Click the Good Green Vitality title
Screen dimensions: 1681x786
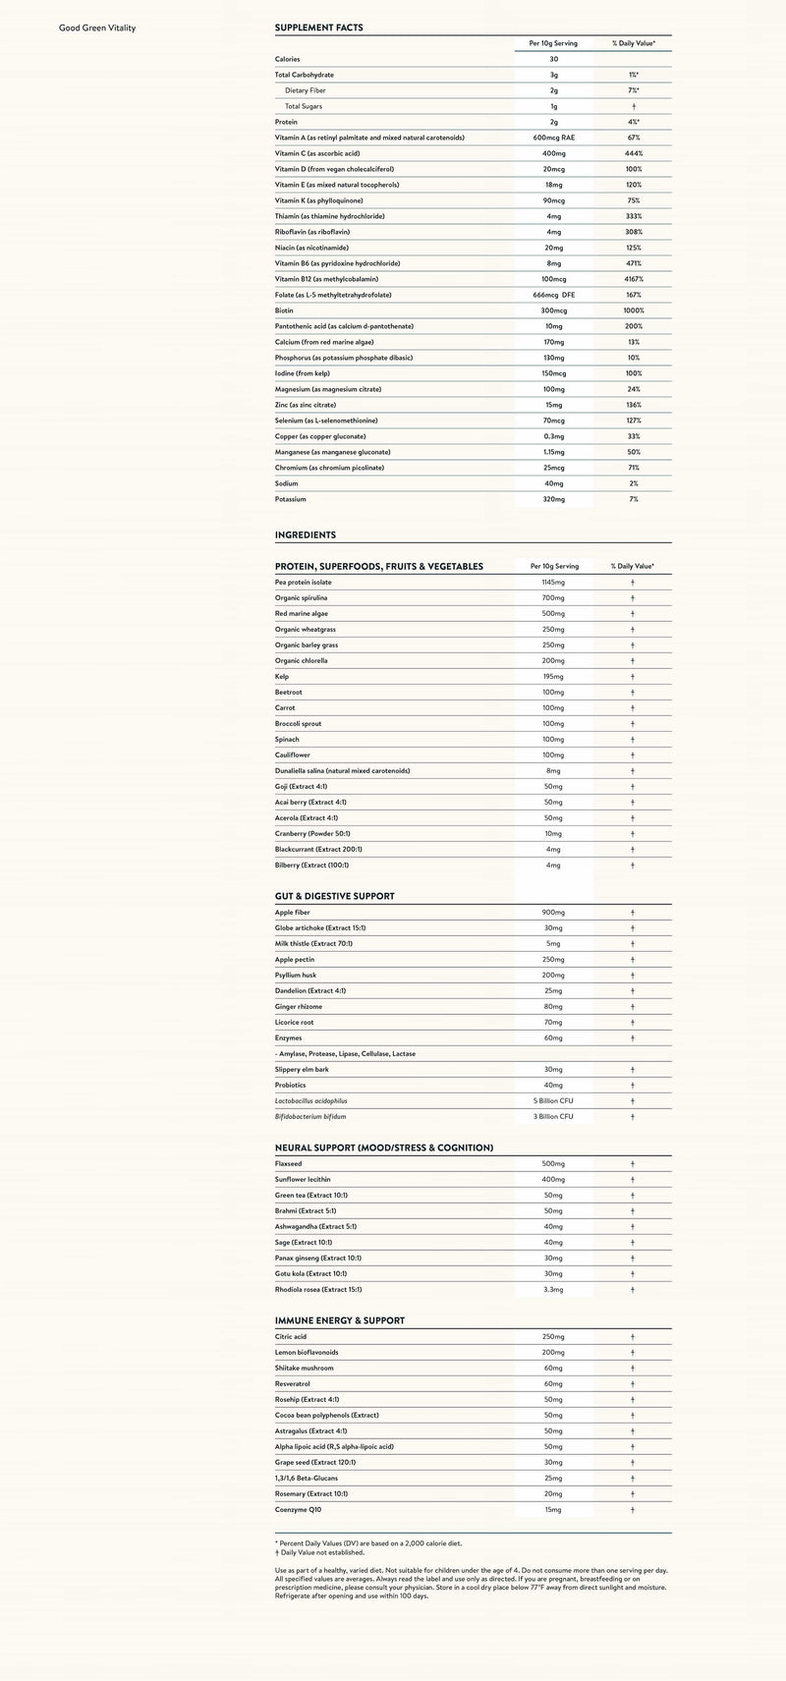point(97,28)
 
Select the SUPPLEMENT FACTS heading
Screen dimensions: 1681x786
point(318,28)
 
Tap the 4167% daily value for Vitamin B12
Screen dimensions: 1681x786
point(633,279)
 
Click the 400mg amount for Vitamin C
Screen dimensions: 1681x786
point(554,153)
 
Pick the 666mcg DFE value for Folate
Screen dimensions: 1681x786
point(554,295)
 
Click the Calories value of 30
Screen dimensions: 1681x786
point(554,59)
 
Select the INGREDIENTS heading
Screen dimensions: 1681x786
point(306,535)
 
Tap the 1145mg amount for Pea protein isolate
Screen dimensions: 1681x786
point(554,583)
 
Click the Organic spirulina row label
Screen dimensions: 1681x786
point(302,598)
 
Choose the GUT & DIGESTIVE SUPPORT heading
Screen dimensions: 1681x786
point(335,897)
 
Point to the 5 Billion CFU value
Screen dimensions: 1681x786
point(553,1101)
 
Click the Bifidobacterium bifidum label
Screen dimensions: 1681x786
point(310,1117)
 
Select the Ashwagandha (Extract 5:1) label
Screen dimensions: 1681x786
point(315,1227)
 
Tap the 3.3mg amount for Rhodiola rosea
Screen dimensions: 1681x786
point(554,1290)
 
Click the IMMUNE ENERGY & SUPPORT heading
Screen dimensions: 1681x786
point(340,1321)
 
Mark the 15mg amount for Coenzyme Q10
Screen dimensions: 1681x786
point(554,1510)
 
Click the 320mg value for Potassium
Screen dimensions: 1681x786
point(554,499)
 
